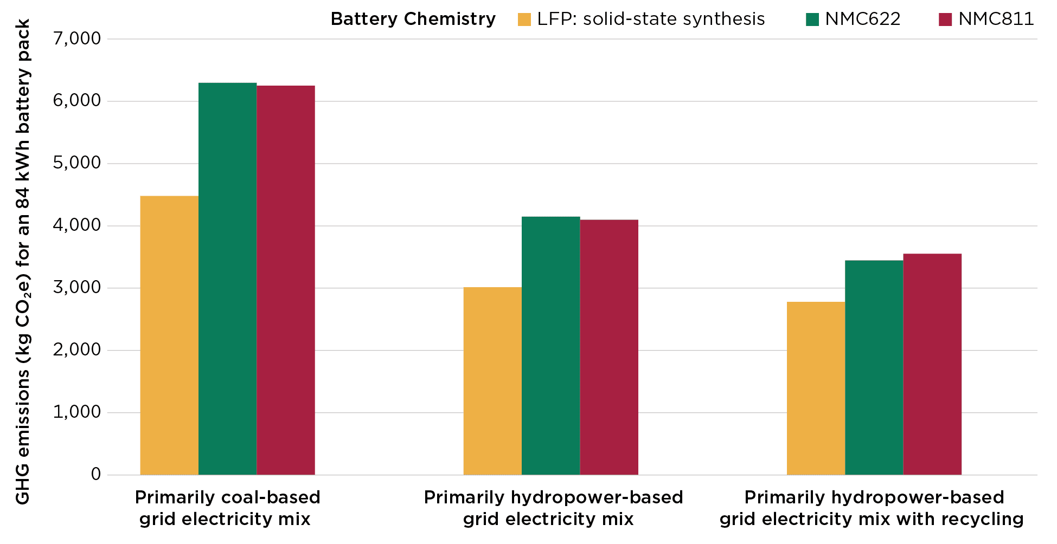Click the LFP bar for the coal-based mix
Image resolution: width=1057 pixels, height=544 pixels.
coord(169,335)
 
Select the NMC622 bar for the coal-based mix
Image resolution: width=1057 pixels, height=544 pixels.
coord(227,279)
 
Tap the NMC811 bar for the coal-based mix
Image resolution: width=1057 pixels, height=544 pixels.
coord(286,280)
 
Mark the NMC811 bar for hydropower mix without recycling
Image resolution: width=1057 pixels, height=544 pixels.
coord(609,347)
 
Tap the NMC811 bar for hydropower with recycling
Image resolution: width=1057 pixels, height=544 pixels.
coord(932,364)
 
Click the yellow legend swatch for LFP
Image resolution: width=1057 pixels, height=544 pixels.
coord(524,20)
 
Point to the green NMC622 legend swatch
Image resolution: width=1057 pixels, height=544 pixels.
coord(812,20)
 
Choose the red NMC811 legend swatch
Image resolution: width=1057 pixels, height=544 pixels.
coord(945,20)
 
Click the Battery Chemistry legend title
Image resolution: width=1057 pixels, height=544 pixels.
coord(413,20)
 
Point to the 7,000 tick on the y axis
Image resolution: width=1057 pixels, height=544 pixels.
coord(77,39)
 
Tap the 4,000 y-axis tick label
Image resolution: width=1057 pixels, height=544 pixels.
coord(77,225)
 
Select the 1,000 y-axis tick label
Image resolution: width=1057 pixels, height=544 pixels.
coord(77,412)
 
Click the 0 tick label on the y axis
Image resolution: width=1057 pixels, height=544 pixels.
coord(96,475)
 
